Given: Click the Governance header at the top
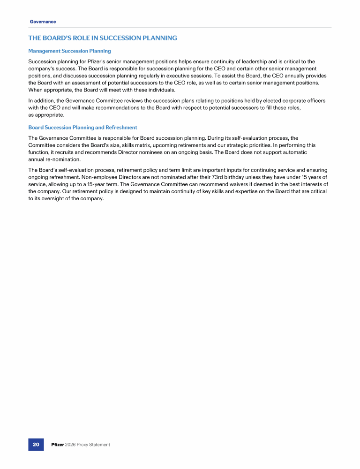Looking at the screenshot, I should (43, 22).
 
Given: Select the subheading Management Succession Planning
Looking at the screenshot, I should (69, 51).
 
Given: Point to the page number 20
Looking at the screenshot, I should (36, 445).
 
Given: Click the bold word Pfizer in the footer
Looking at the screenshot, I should (58, 445).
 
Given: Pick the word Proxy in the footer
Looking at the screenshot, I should (85, 445).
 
